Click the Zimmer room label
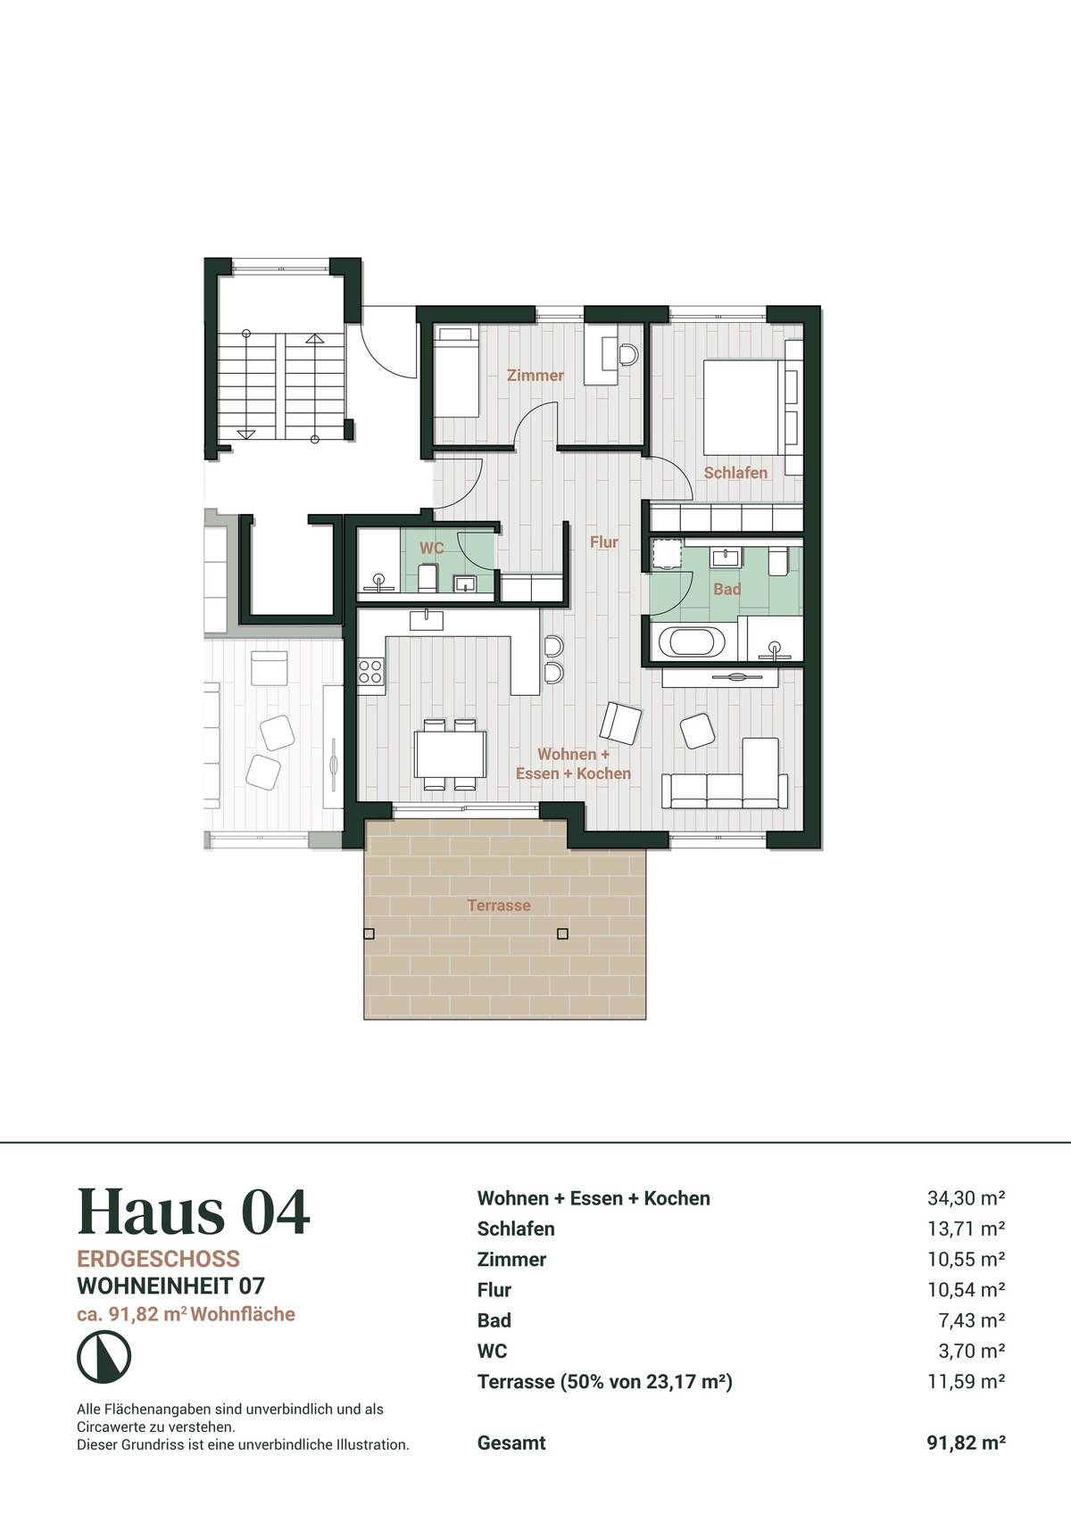click(535, 375)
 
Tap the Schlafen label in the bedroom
click(735, 473)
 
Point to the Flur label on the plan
click(604, 542)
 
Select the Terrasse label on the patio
click(499, 905)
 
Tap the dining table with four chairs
click(451, 754)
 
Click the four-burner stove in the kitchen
click(370, 673)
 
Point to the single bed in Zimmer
click(455, 371)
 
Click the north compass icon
click(104, 1356)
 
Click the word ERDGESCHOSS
click(158, 1259)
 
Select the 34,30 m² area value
click(967, 1198)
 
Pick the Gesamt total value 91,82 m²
click(967, 1443)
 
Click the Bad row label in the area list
click(494, 1320)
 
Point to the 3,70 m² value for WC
click(972, 1351)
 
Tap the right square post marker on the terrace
click(562, 934)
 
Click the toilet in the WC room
click(428, 578)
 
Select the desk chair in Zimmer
click(629, 354)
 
